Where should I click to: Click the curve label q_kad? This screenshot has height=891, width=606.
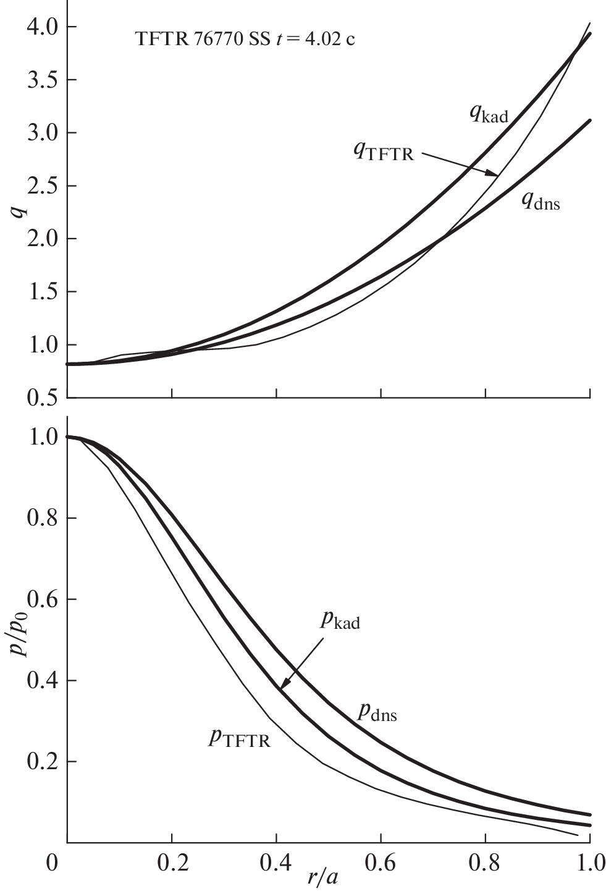488,114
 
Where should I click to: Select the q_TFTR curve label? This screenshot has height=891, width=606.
383,151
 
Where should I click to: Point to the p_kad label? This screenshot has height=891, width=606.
340,620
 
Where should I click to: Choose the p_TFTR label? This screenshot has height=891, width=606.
240,738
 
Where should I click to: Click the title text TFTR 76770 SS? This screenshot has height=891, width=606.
201,41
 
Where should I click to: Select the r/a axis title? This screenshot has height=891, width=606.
322,876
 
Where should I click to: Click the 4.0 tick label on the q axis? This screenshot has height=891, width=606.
41,27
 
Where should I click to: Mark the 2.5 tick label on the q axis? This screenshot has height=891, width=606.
41,186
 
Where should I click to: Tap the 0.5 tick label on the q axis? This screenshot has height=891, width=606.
41,398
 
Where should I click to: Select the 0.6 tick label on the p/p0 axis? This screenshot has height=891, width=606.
41,600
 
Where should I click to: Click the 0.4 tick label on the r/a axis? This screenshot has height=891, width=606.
276,863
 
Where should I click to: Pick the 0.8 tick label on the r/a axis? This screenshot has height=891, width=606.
486,863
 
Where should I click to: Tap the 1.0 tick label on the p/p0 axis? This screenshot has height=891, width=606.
41,437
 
